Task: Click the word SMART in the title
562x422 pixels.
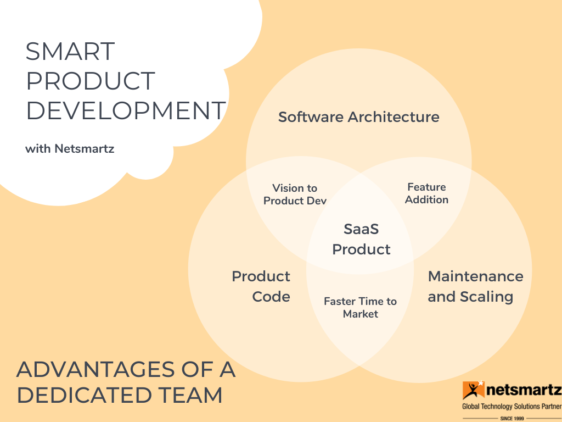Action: coord(70,52)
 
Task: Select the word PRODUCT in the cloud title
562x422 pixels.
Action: coord(91,81)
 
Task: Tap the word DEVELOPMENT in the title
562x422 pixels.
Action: coord(126,111)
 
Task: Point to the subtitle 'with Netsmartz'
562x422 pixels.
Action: coord(70,148)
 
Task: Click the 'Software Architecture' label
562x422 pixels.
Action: coord(358,117)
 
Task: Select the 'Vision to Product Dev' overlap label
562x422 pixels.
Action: coord(295,195)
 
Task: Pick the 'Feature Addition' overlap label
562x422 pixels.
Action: coord(426,193)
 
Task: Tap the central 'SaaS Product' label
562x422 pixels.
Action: coord(361,239)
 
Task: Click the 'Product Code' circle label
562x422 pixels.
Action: coord(261,286)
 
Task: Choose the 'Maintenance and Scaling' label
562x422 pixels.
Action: coord(475,286)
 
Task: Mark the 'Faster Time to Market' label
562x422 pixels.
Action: coord(360,308)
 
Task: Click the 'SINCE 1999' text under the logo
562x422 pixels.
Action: coord(512,418)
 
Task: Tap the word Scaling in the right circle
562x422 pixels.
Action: coord(486,297)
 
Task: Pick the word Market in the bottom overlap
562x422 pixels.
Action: coord(361,314)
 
